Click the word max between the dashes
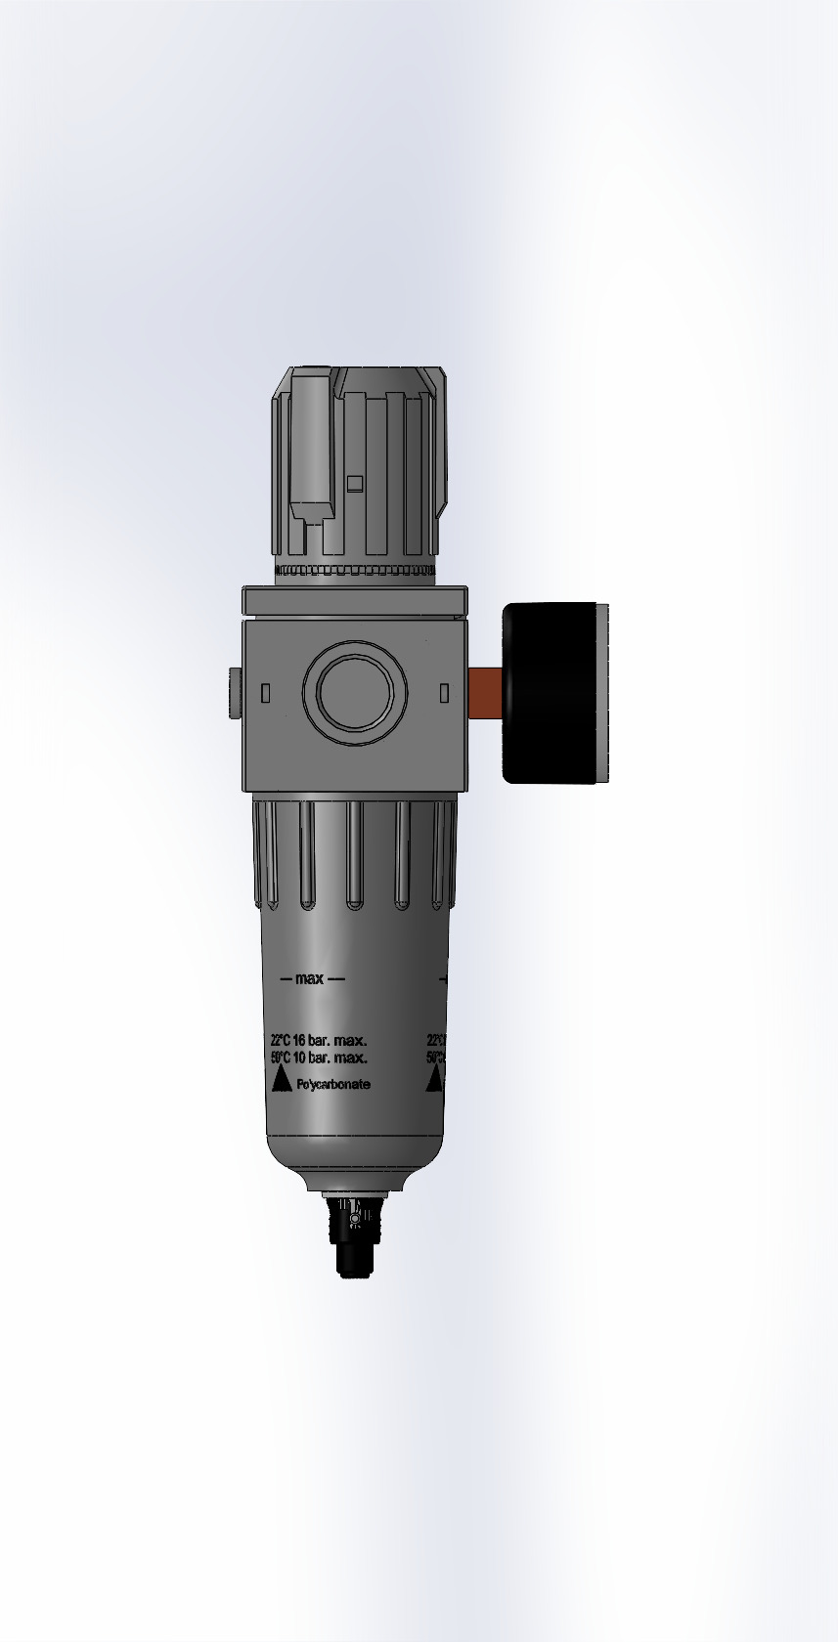click(x=310, y=978)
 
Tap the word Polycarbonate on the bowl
click(x=333, y=1084)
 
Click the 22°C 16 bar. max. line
click(x=319, y=1041)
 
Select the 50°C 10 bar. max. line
click(x=319, y=1059)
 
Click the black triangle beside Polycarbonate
click(x=282, y=1079)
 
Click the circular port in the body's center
click(x=349, y=692)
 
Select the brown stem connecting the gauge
click(x=485, y=692)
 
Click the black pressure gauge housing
click(x=548, y=692)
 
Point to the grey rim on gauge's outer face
click(x=602, y=692)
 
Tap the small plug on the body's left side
click(x=235, y=692)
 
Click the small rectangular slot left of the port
click(x=266, y=692)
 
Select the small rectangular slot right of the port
click(x=443, y=692)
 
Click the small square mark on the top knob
click(x=355, y=482)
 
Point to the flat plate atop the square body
click(x=355, y=599)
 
